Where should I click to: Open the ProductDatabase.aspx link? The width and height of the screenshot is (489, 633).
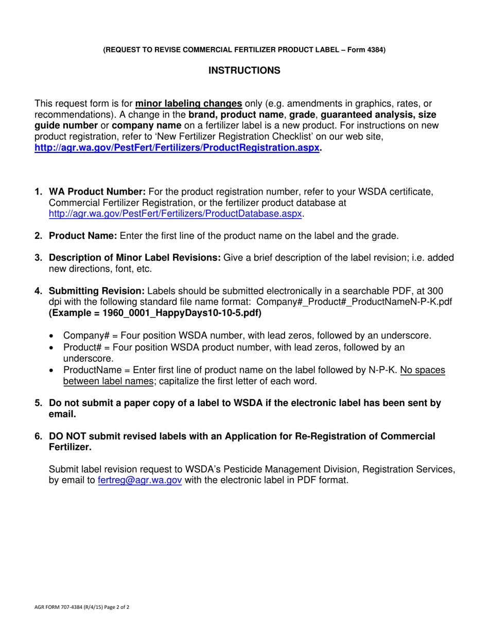(x=175, y=214)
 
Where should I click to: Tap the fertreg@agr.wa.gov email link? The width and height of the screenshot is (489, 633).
(x=139, y=481)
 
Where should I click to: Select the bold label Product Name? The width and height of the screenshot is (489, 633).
(x=83, y=236)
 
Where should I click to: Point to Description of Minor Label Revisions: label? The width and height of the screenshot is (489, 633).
(x=134, y=258)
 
